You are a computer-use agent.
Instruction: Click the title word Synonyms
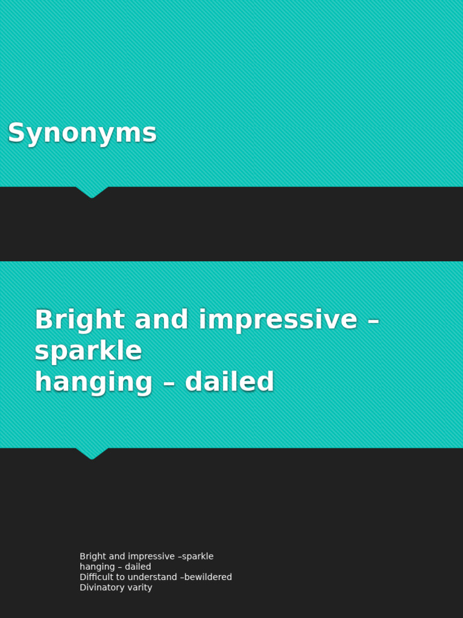[x=82, y=133]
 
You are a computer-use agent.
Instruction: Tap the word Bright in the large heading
[x=80, y=320]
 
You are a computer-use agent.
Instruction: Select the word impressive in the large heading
[x=278, y=320]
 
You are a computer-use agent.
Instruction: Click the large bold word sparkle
[x=88, y=351]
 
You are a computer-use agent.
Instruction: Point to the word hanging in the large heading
[x=93, y=383]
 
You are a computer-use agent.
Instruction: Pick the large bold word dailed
[x=229, y=382]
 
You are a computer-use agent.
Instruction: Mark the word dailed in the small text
[x=138, y=567]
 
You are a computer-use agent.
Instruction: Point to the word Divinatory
[x=102, y=587]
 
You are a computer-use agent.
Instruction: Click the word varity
[x=139, y=587]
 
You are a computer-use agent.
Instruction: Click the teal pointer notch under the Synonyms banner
[x=92, y=192]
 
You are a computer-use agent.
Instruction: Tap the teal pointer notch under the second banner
[x=92, y=453]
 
